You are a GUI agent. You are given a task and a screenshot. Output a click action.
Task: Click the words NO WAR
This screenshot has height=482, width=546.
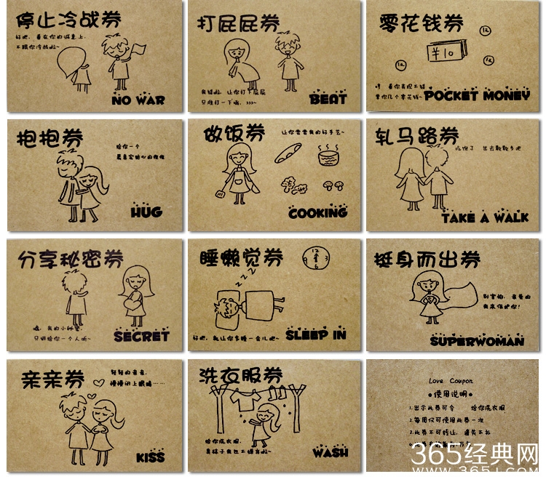[139, 100]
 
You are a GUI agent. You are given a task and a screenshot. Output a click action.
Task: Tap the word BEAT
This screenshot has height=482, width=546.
[328, 98]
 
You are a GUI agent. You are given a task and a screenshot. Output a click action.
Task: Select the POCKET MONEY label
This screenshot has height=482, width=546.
[477, 95]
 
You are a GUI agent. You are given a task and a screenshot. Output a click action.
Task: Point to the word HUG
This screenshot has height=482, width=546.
[146, 212]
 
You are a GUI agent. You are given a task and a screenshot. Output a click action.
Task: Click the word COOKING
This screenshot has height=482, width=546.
[317, 213]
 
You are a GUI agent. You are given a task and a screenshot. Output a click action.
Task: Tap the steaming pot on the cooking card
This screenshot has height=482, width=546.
[330, 155]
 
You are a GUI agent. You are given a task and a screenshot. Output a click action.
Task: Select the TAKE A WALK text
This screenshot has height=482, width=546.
[485, 217]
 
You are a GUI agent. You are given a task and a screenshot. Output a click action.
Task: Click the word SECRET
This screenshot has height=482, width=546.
[141, 336]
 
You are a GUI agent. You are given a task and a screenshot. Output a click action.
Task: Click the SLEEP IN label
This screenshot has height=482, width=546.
[315, 335]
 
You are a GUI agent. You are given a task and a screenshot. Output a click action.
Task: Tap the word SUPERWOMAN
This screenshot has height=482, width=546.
[477, 340]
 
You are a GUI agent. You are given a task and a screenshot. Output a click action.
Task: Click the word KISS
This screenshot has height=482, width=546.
[151, 457]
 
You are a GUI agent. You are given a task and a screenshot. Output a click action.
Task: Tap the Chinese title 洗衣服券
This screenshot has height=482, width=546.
[240, 376]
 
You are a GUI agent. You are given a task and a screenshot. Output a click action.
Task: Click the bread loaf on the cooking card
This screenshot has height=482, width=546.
[287, 153]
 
